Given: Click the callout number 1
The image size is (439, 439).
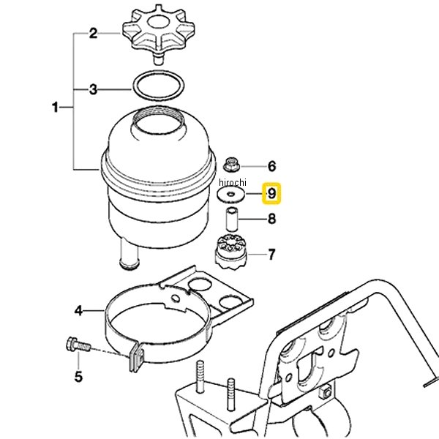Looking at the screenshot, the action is (56, 108).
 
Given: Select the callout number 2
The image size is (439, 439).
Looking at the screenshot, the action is (93, 34).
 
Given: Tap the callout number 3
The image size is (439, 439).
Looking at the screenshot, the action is (93, 89).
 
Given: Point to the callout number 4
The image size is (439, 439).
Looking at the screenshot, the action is (78, 311).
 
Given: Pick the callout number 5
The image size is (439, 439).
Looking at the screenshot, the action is (78, 377).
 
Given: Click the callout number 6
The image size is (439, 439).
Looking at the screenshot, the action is (272, 166).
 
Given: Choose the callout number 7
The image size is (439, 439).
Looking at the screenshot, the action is (271, 255).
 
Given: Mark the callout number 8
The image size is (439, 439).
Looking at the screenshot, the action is (272, 219).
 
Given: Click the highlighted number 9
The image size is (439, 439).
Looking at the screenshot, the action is (271, 193).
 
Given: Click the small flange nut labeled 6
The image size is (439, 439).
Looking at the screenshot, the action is (231, 165).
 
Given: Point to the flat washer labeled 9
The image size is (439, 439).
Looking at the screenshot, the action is (231, 194).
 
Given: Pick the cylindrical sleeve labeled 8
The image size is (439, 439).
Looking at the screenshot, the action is (232, 219).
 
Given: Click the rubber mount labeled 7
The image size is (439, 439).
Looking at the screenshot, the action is (231, 252).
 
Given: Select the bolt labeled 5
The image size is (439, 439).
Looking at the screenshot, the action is (78, 345).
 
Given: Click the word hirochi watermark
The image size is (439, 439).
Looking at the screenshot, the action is (233, 182).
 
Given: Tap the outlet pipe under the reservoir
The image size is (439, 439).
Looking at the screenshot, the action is (129, 253).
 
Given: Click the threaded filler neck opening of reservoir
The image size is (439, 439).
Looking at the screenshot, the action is (159, 120).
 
